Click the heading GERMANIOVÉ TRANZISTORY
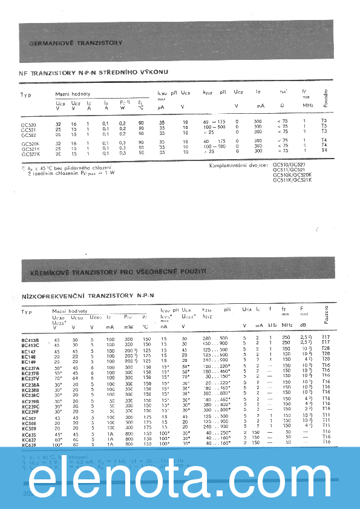[76, 44]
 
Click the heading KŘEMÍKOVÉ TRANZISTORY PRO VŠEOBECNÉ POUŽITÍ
[115, 271]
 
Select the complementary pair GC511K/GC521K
[292, 180]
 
